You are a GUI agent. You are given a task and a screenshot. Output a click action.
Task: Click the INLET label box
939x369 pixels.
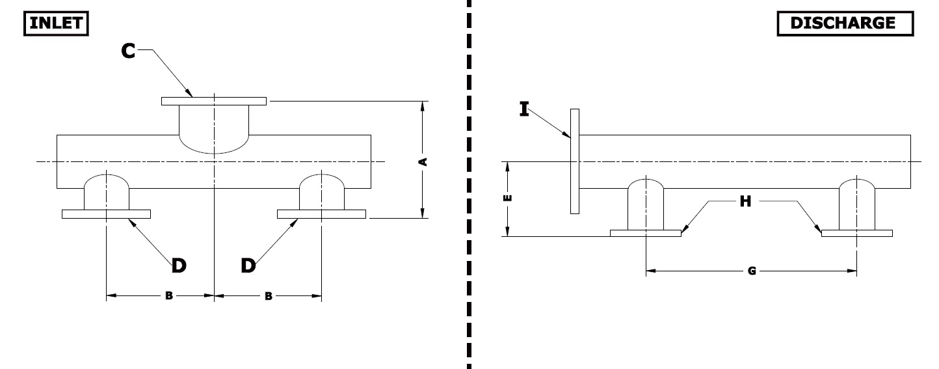(56, 23)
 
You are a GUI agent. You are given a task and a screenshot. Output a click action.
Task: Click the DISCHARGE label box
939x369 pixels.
(845, 23)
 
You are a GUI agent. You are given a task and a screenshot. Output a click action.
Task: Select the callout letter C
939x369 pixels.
(128, 51)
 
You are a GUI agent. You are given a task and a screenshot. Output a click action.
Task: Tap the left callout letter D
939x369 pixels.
(179, 266)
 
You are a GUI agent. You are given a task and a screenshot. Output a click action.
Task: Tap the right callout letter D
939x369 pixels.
(248, 266)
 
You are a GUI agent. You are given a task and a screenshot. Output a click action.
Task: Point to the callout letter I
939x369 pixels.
(524, 109)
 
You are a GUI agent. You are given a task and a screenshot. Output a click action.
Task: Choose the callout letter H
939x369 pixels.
(745, 201)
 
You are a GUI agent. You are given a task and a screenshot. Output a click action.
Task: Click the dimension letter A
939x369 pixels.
(423, 162)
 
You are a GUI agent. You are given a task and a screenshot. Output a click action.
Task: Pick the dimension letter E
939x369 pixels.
(507, 198)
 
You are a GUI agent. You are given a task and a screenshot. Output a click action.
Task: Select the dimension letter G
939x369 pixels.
(752, 271)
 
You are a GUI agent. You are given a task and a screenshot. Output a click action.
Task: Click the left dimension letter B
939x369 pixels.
(169, 296)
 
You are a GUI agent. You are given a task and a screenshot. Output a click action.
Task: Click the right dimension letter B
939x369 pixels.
(269, 297)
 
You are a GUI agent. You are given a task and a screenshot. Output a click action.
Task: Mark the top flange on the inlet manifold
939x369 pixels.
(214, 101)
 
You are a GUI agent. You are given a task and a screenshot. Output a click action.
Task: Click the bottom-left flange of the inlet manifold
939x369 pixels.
(106, 214)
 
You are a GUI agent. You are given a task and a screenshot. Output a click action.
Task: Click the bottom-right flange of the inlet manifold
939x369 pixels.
(321, 214)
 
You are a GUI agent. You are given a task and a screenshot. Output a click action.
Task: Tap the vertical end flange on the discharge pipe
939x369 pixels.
(575, 161)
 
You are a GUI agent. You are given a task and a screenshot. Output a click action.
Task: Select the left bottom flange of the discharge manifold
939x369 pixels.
(646, 233)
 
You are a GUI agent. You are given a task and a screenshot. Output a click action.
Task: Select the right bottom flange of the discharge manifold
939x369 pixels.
(857, 233)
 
